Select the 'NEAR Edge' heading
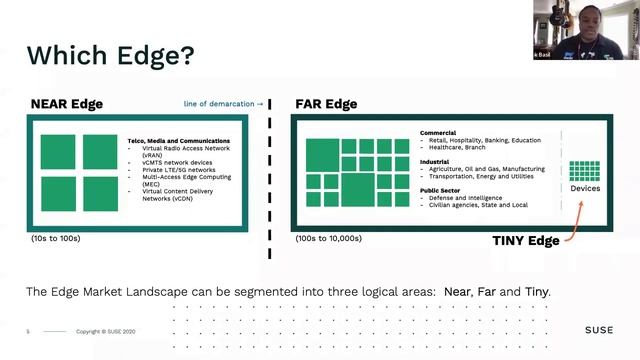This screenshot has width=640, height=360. [x=67, y=103]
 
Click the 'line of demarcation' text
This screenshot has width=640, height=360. [x=224, y=103]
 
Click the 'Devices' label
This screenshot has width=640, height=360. [x=585, y=188]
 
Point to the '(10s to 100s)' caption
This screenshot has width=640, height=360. [x=56, y=239]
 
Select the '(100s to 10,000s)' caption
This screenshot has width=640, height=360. [x=329, y=239]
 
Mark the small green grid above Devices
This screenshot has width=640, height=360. [x=585, y=169]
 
